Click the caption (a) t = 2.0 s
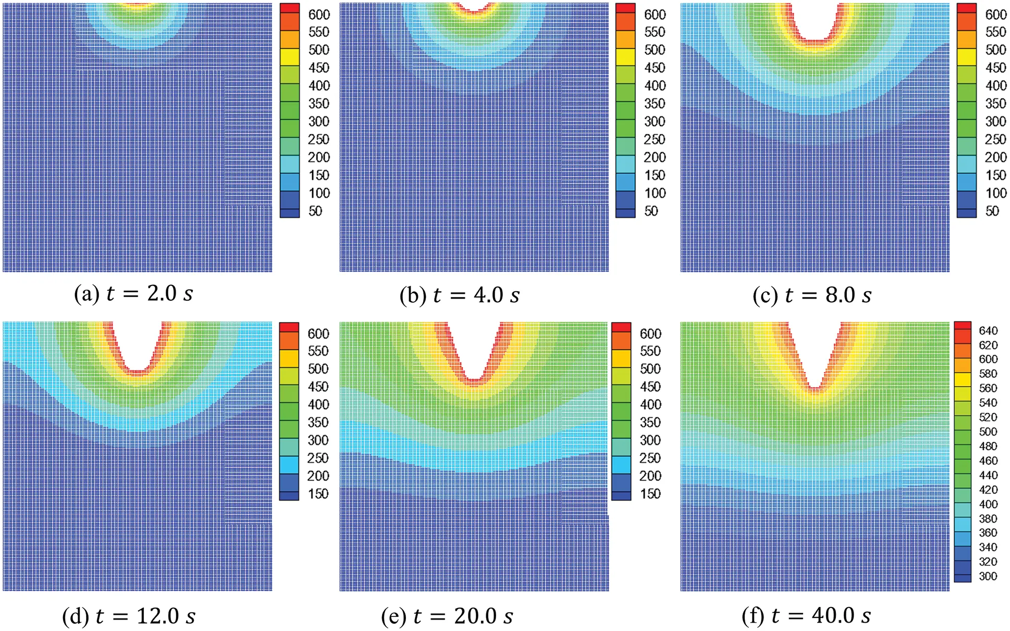point(133,294)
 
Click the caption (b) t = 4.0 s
point(459,295)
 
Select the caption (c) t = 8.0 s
point(811,295)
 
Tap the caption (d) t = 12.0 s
point(128,616)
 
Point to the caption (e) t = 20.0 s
point(447,616)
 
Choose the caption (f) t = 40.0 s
point(806,616)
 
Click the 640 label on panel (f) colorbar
point(988,331)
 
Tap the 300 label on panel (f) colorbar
point(988,576)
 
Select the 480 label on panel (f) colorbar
point(988,447)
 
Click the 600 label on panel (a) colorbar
point(319,15)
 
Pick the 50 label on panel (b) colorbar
point(651,211)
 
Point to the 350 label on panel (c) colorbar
point(995,104)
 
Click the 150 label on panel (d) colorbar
point(318,494)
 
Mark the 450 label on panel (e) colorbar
point(650,387)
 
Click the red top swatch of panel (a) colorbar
point(290,8)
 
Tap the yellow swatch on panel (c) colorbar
point(966,56)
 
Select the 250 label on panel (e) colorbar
point(650,458)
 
